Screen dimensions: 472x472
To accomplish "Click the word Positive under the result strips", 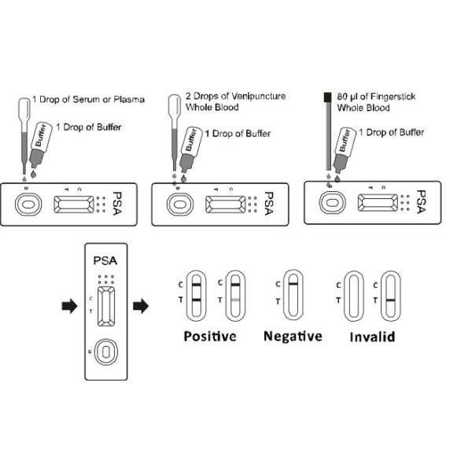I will (x=209, y=337).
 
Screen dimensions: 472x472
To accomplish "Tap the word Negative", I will (x=293, y=337).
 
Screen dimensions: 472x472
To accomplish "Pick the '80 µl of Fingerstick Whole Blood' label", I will (x=376, y=101).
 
